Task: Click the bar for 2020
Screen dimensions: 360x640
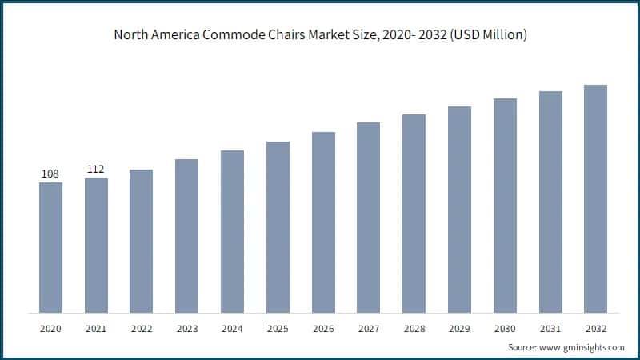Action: tap(50, 247)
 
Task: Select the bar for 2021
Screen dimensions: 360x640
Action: tap(96, 245)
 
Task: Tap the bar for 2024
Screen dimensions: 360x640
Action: tap(232, 231)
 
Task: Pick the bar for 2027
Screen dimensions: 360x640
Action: tap(368, 217)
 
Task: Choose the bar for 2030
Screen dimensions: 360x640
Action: tap(505, 205)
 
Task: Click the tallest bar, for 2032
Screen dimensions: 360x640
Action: tap(595, 198)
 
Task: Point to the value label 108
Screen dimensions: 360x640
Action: tap(50, 174)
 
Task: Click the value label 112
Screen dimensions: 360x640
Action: tap(96, 169)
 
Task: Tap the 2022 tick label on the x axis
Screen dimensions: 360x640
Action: tap(141, 329)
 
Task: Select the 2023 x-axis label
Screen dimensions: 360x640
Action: tap(186, 329)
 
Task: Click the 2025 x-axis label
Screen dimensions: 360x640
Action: tap(278, 329)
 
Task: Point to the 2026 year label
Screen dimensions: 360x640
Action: tap(323, 329)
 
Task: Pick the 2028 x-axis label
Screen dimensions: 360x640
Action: tap(414, 329)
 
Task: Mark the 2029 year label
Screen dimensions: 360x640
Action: tap(459, 329)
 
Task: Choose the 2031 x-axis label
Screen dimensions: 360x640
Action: tap(550, 329)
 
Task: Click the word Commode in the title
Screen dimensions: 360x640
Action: tap(238, 35)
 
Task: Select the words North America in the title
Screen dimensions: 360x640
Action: tap(155, 35)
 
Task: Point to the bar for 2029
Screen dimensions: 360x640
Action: tap(459, 209)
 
